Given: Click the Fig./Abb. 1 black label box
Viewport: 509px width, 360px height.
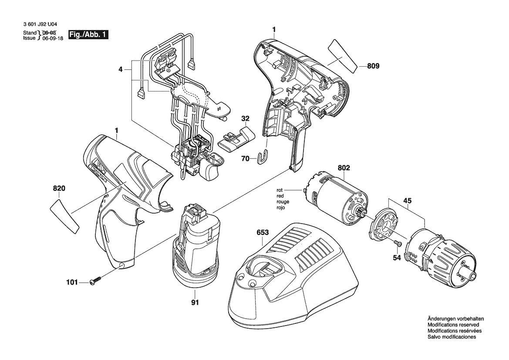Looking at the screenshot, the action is tap(88, 35).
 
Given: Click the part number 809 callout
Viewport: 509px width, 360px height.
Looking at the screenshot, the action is tap(373, 66).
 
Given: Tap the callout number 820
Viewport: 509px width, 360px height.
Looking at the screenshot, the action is tap(59, 188).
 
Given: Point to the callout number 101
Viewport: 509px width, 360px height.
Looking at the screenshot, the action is tap(72, 283).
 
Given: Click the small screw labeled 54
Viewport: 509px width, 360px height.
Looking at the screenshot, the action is tap(398, 243).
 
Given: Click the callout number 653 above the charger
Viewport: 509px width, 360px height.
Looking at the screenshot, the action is tap(263, 233).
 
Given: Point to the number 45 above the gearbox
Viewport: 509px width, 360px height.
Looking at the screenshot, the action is tap(408, 201).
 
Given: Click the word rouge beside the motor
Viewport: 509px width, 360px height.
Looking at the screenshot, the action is tap(283, 202).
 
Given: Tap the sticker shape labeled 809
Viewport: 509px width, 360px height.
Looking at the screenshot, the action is tap(343, 56).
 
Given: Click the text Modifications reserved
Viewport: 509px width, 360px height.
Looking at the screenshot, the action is tap(453, 325).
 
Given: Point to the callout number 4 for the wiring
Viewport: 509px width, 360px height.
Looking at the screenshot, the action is tap(121, 69).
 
